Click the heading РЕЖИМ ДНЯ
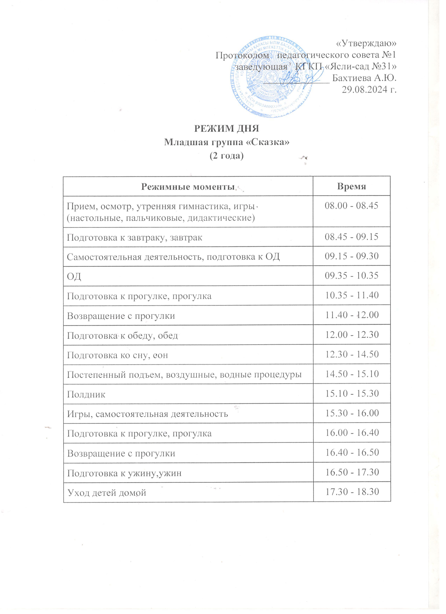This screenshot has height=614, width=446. [227, 129]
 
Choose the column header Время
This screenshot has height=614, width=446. [352, 186]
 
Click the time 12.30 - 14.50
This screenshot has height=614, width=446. [352, 354]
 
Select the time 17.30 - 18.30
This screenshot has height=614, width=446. [352, 492]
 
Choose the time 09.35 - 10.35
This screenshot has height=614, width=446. [352, 276]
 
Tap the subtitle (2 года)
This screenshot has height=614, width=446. [227, 156]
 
